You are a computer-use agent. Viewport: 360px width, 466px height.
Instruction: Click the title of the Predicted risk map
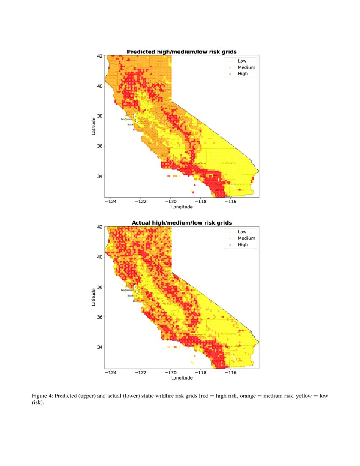182,52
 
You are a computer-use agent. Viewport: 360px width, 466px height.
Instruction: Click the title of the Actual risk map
182,222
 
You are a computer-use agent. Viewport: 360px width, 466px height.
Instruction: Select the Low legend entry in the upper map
242,61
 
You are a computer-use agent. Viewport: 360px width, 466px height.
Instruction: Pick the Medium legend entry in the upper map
246,67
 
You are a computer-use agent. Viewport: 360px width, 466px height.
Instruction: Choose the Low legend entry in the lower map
242,232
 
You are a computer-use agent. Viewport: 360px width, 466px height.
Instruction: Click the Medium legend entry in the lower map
246,238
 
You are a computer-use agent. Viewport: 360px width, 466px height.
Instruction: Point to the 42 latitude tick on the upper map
100,56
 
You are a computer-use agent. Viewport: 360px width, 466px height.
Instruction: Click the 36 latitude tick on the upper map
100,146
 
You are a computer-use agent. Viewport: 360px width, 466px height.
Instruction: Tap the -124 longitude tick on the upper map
111,202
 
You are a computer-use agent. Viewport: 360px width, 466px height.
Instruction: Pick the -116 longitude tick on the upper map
230,202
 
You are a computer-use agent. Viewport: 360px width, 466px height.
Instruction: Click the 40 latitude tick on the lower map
100,257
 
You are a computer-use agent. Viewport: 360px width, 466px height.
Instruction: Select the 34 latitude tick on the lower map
100,347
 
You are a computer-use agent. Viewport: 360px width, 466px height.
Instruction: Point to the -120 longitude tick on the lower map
170,372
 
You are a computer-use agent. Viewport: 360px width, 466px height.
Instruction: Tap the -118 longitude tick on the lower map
200,372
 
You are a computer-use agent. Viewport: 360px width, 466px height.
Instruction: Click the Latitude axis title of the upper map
94,126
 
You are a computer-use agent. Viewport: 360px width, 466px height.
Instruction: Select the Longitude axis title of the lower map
182,378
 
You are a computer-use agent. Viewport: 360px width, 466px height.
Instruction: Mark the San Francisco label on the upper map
126,119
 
